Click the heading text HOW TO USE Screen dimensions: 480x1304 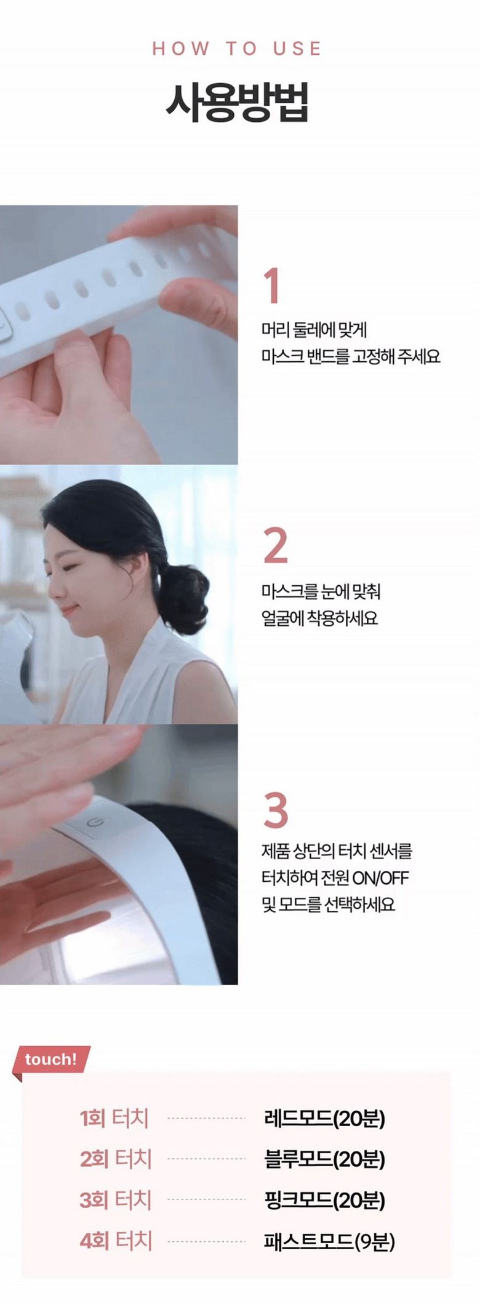point(237,49)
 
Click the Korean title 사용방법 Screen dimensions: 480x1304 point(237,102)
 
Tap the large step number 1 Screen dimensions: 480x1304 point(272,286)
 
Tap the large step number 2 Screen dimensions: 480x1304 point(275,545)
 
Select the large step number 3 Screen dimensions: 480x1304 point(276,810)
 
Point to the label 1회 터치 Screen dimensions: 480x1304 point(114,1118)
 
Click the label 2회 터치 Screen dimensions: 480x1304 point(116,1159)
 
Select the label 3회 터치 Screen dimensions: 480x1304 point(116,1199)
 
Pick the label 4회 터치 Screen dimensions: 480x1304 point(116,1241)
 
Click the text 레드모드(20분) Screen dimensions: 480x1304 point(324,1118)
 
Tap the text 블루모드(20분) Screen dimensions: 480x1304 point(324,1159)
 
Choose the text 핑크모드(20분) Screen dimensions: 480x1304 point(324,1200)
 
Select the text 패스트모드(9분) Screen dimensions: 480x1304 point(329,1241)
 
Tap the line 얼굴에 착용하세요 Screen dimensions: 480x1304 point(319,618)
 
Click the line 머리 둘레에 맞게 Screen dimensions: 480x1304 point(314,330)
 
